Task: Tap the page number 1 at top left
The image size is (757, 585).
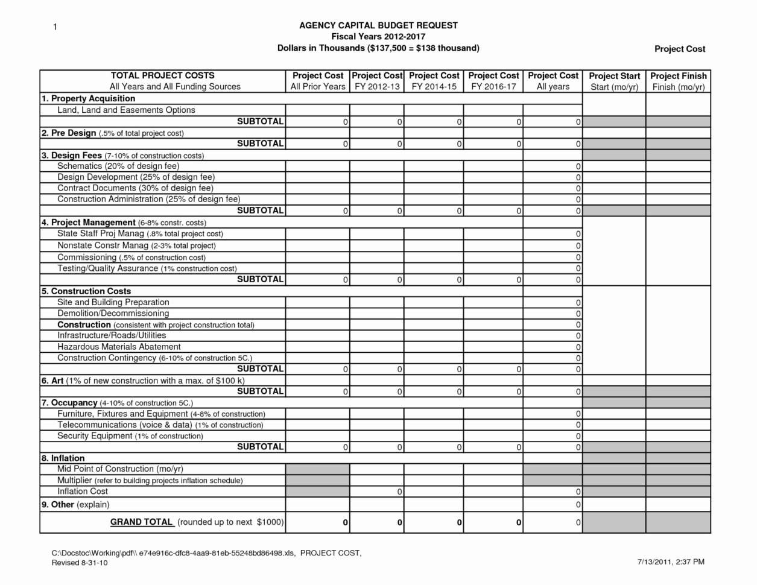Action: pos(54,27)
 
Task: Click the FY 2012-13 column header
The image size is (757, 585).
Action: pos(376,81)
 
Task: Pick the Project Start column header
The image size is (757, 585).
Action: pos(614,81)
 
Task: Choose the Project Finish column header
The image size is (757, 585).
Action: pos(678,81)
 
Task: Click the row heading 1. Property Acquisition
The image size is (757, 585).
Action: pos(88,98)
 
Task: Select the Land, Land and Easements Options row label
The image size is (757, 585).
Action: pos(126,110)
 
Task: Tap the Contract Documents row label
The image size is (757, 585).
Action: pos(135,188)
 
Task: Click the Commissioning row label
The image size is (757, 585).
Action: pos(131,257)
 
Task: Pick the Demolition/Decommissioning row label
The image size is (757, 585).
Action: pos(113,313)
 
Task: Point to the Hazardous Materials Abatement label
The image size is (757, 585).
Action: pos(119,347)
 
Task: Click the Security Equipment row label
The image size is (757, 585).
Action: pos(130,436)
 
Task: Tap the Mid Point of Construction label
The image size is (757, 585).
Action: pos(120,469)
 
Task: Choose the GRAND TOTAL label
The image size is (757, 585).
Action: pos(141,522)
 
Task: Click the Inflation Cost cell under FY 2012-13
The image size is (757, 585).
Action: pos(376,492)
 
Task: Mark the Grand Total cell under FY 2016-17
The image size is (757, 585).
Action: pos(493,522)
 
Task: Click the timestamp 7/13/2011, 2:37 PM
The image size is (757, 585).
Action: pos(671,562)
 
